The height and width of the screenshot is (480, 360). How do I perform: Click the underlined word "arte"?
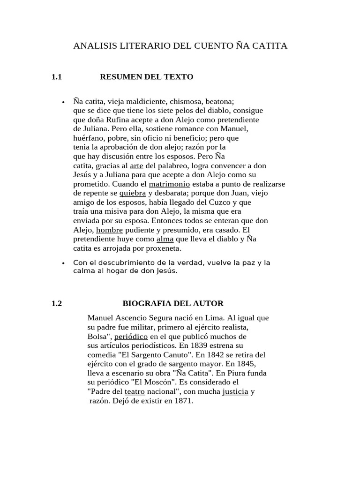click(x=136, y=166)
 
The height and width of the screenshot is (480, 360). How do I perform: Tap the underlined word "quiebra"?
click(x=133, y=193)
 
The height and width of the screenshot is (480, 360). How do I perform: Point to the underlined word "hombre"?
click(x=109, y=230)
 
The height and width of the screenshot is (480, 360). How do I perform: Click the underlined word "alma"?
click(x=165, y=239)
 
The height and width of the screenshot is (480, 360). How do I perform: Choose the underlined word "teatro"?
click(x=135, y=391)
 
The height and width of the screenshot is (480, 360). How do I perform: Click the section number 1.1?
click(x=57, y=77)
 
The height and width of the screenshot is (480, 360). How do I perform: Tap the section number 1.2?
click(x=57, y=303)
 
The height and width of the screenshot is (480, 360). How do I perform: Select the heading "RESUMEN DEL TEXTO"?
click(x=146, y=77)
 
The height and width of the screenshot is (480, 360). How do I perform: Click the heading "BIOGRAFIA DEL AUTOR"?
click(x=173, y=303)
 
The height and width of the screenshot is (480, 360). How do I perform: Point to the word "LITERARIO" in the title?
click(x=137, y=46)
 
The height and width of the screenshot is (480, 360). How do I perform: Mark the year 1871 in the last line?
click(x=184, y=401)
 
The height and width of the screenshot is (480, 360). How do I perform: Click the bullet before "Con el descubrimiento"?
click(x=63, y=263)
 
